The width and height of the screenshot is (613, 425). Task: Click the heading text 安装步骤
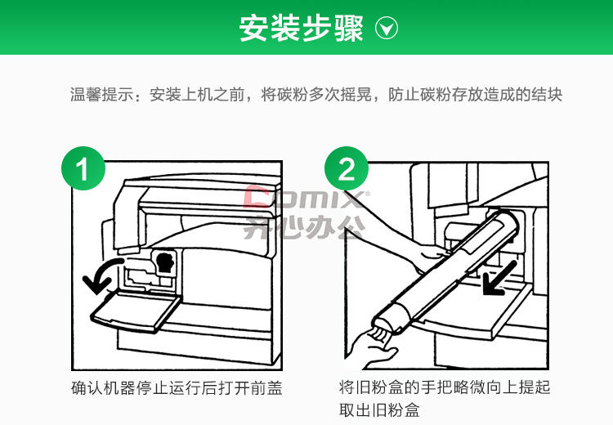pyautogui.click(x=302, y=28)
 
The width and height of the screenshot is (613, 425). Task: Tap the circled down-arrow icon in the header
pyautogui.click(x=387, y=28)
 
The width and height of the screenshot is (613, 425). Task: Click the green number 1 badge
pyautogui.click(x=83, y=168)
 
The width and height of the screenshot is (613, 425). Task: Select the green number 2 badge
pyautogui.click(x=347, y=168)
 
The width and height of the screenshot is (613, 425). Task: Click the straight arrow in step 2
pyautogui.click(x=499, y=278)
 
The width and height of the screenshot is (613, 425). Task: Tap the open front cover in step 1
pyautogui.click(x=135, y=311)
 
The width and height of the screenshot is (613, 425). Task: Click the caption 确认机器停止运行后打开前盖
pyautogui.click(x=177, y=388)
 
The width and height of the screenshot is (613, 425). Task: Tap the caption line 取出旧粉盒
pyautogui.click(x=379, y=410)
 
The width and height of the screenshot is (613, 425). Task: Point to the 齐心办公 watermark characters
pyautogui.click(x=305, y=226)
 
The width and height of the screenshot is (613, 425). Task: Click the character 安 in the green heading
pyautogui.click(x=254, y=28)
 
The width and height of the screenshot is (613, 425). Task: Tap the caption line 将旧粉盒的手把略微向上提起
pyautogui.click(x=445, y=387)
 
